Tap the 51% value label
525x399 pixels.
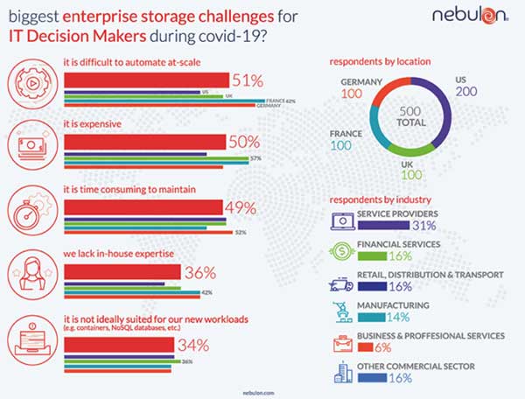[248, 80]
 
